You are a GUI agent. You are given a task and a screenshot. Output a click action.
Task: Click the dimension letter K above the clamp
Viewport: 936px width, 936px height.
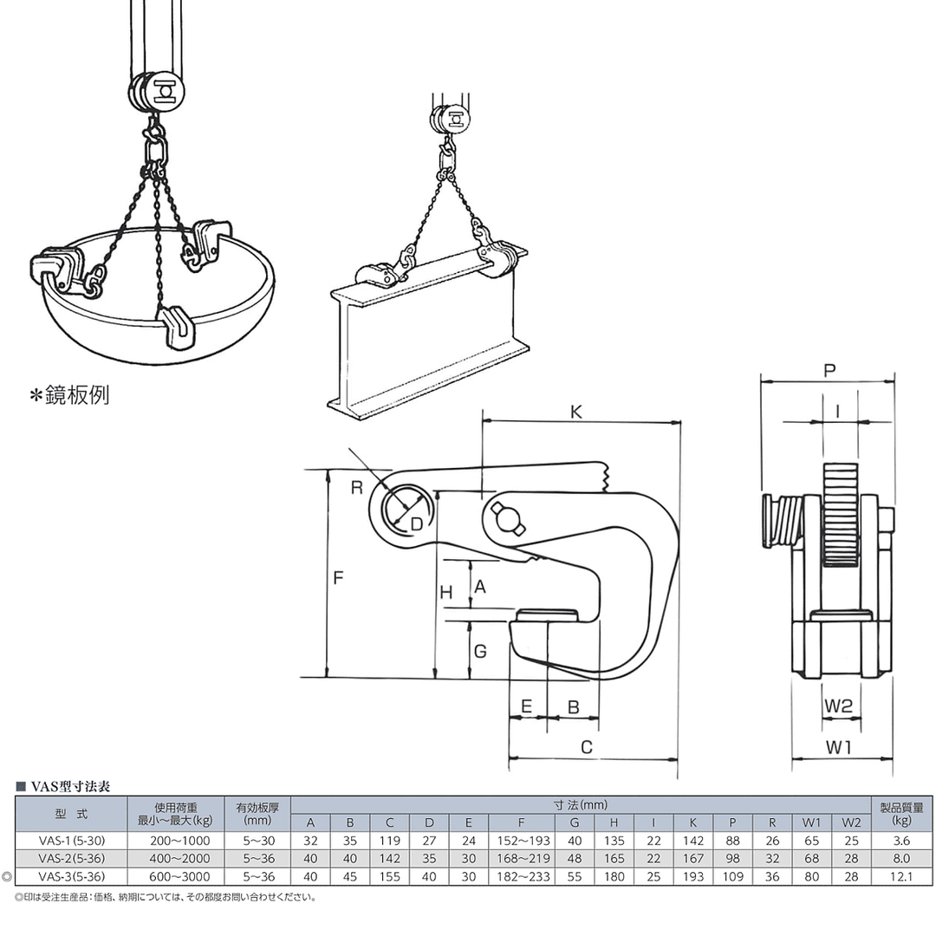click(576, 412)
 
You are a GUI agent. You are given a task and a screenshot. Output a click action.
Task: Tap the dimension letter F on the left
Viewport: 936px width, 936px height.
click(339, 578)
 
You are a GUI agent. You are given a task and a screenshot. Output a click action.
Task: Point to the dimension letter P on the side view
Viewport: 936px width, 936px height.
click(829, 371)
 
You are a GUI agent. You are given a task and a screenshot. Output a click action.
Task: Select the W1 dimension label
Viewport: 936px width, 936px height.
click(839, 747)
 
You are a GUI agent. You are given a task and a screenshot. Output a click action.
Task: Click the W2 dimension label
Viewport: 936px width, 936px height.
click(839, 706)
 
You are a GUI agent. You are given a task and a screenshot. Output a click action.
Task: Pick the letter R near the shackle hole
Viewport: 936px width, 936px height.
click(357, 488)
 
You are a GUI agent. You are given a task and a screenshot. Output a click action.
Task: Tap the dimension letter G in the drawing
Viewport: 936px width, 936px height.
click(480, 651)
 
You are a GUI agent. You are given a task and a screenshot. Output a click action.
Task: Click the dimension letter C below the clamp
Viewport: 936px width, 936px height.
click(587, 747)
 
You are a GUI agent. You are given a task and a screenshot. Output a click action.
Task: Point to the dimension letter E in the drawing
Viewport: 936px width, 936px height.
click(527, 707)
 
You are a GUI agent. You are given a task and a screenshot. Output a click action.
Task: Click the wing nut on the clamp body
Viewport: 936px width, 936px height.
click(507, 517)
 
